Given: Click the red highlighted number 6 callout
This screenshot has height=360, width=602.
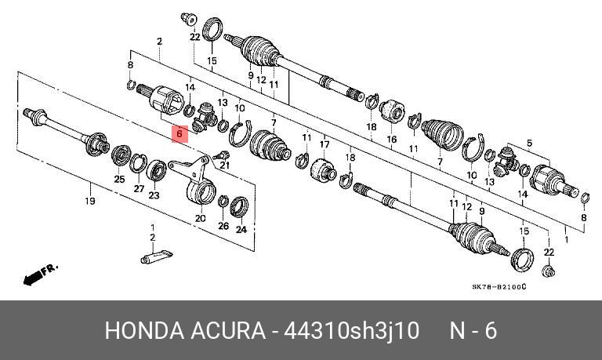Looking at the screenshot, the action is [179, 133].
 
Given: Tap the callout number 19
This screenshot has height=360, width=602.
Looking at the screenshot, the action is [90, 202].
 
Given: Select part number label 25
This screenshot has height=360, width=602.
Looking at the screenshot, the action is [119, 180].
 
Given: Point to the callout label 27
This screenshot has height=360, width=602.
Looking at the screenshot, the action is [138, 188].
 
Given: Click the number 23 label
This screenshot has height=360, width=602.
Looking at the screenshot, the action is [154, 196].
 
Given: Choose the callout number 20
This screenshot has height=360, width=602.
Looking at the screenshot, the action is [200, 218].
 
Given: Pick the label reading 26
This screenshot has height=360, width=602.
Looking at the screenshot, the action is [223, 226].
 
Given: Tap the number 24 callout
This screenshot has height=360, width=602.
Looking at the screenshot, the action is [241, 230].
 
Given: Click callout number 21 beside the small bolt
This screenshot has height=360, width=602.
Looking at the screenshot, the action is [224, 165].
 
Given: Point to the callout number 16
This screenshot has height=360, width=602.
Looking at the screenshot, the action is [392, 140].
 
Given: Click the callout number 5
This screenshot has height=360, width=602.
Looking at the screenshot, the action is [529, 142].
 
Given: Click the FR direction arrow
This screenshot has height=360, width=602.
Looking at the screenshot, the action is [39, 275].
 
